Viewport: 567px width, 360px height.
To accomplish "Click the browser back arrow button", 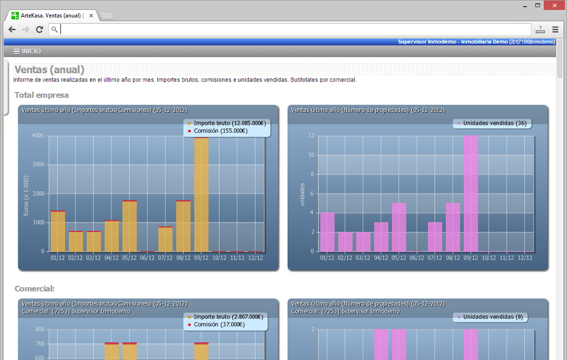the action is (12, 30).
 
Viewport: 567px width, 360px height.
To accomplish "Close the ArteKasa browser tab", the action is (91, 16).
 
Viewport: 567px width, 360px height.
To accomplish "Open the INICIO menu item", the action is (27, 52).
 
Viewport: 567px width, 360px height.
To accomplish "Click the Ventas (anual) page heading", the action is (49, 69).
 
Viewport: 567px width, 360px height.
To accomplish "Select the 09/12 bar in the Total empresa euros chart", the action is (201, 194).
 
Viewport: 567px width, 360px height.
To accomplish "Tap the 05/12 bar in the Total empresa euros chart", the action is (130, 226).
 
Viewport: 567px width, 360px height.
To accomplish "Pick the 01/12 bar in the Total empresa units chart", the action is (327, 232).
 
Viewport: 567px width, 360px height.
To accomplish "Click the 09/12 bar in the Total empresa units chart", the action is (471, 193).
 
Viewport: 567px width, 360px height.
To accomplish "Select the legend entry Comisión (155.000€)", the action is (217, 131).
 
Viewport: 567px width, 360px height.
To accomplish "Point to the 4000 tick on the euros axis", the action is (38, 136).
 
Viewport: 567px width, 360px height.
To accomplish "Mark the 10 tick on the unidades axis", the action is (311, 155).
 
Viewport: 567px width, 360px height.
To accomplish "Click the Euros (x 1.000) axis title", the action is (26, 196).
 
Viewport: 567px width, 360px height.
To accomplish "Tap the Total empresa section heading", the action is (42, 95).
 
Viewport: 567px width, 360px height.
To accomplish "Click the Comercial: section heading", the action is (35, 289).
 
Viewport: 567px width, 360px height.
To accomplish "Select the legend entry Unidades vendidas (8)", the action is (490, 317).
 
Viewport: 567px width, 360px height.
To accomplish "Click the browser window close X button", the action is (555, 6).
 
